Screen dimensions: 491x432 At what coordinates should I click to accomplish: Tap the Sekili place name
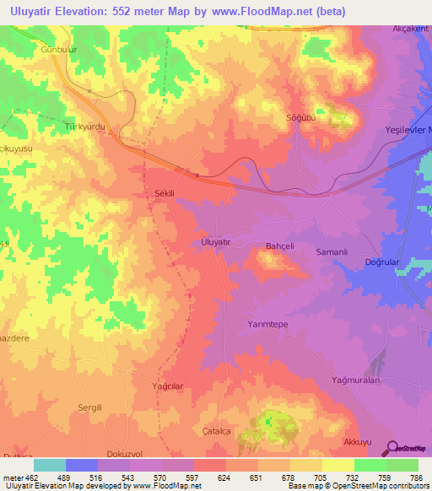click(165, 193)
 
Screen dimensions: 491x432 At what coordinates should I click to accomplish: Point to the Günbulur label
click(59, 51)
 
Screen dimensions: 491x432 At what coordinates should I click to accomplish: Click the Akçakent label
click(411, 29)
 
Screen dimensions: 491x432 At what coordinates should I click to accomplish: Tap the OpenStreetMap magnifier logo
click(391, 448)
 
